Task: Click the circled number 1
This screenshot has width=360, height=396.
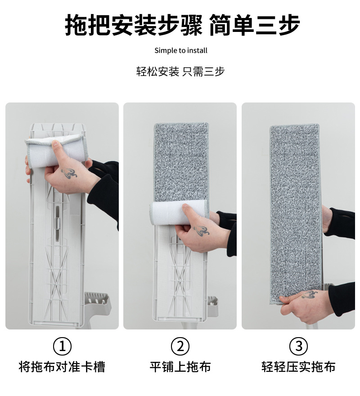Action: pyautogui.click(x=63, y=347)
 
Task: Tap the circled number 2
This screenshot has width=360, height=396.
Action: pyautogui.click(x=180, y=347)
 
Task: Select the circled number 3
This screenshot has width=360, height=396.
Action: pyautogui.click(x=298, y=347)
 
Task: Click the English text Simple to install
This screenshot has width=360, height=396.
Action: pyautogui.click(x=181, y=50)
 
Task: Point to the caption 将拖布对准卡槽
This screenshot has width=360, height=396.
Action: pyautogui.click(x=62, y=367)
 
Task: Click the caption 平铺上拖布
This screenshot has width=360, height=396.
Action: pyautogui.click(x=180, y=367)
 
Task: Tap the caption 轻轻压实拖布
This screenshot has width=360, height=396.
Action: pyautogui.click(x=298, y=367)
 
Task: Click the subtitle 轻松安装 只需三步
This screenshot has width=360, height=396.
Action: pyautogui.click(x=180, y=71)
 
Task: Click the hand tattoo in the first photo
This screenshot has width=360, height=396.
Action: pyautogui.click(x=69, y=172)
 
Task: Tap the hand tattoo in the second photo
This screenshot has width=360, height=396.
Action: pyautogui.click(x=201, y=230)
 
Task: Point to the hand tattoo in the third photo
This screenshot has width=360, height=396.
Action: pyautogui.click(x=309, y=295)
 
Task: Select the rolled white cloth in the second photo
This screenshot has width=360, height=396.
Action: pyautogui.click(x=178, y=213)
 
